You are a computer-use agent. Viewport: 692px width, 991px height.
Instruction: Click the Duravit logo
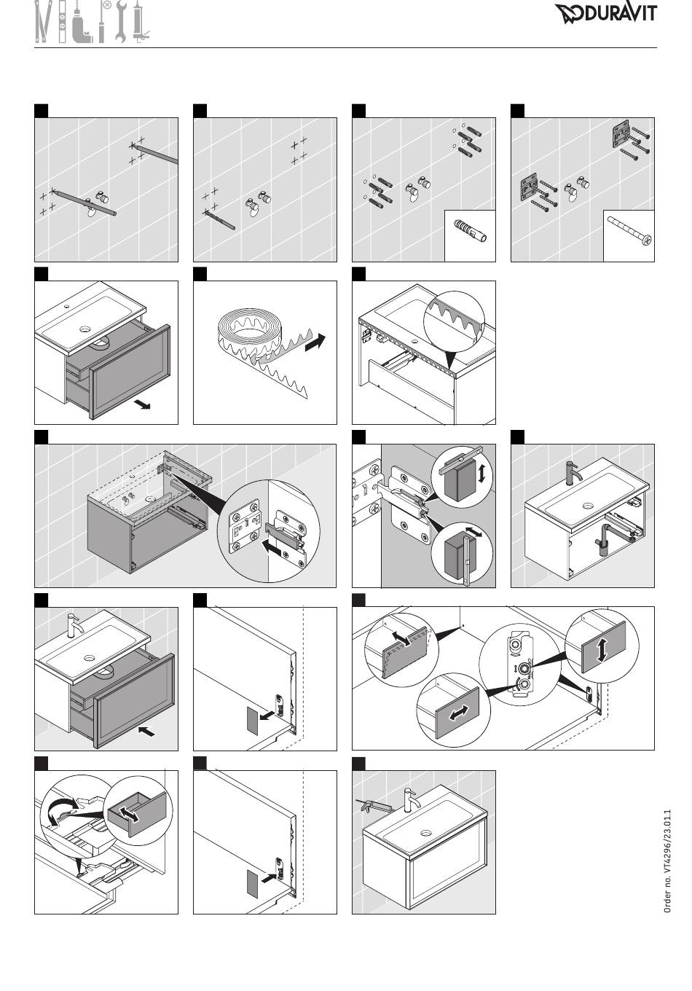(606, 13)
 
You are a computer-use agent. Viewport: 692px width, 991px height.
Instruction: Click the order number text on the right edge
(667, 861)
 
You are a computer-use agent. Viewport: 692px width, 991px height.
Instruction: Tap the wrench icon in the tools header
(120, 22)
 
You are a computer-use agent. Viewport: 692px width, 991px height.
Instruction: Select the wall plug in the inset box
(470, 230)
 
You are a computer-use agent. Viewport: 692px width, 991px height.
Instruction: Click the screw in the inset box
(629, 230)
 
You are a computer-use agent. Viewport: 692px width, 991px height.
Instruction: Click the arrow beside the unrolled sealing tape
(315, 343)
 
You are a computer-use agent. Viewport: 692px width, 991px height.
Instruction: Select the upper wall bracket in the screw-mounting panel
(621, 135)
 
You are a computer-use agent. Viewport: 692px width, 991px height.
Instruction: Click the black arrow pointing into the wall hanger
(272, 549)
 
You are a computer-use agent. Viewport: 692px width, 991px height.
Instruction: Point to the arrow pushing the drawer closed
(147, 732)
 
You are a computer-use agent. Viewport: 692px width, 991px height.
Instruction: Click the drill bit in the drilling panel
(220, 220)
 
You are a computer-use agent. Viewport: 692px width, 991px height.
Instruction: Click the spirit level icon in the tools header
(63, 23)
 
